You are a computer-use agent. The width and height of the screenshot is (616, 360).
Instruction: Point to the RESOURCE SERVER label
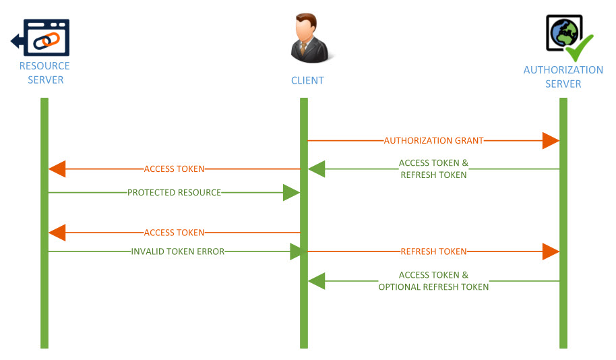(44, 73)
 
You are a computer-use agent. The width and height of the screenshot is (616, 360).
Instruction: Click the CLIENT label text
(307, 80)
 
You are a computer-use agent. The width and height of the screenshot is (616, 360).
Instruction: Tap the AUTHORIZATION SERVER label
(563, 77)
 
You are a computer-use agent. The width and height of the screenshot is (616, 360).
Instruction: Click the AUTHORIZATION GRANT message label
(433, 141)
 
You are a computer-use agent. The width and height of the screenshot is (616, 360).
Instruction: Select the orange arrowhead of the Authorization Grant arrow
(551, 141)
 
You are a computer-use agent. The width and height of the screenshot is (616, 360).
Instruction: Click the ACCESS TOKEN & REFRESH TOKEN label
(433, 169)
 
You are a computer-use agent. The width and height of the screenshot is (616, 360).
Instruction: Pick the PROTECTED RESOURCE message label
(174, 193)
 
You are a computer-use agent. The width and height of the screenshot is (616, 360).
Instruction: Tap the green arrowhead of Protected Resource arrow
(291, 193)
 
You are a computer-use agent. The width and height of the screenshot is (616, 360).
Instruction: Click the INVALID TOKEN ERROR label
(177, 251)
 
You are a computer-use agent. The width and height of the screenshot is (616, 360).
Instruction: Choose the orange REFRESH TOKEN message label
(433, 251)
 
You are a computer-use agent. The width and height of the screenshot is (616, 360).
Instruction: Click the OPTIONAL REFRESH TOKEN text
(433, 287)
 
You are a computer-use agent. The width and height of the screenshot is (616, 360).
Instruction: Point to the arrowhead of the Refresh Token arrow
(551, 251)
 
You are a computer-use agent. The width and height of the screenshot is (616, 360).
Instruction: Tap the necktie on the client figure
(304, 49)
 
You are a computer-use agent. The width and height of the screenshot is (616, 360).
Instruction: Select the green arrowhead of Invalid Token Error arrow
(297, 251)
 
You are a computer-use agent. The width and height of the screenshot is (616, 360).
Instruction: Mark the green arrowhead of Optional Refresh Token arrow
(317, 281)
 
